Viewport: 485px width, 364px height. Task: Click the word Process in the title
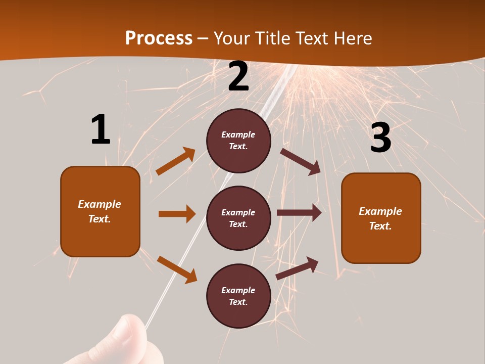pos(159,38)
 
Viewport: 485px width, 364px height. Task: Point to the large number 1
pos(101,130)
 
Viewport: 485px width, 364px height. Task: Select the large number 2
pos(238,77)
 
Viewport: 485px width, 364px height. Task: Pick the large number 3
pos(380,138)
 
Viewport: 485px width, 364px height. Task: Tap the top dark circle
pos(238,141)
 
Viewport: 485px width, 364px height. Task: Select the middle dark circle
pos(238,218)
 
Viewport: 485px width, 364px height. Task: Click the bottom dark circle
pos(238,296)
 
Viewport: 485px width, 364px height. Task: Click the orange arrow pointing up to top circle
pos(176,161)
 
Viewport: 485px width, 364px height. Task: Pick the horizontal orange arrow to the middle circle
pos(177,214)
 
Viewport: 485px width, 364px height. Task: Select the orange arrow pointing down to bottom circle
pos(177,269)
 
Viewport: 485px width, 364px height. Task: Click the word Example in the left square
pos(100,204)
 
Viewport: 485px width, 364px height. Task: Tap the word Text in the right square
pos(379,226)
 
